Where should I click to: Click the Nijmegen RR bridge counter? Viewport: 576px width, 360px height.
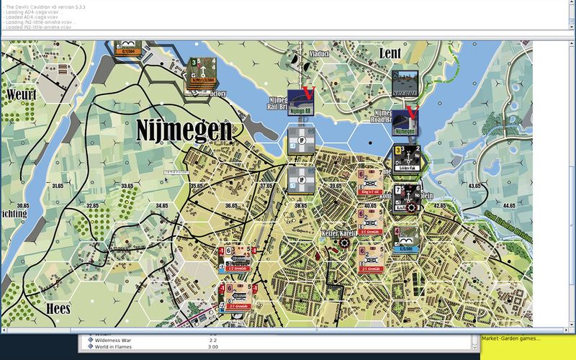point(302,101)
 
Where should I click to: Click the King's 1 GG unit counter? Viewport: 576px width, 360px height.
point(372,184)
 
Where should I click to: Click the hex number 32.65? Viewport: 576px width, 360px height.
point(91,206)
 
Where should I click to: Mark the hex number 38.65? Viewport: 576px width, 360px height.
point(300,206)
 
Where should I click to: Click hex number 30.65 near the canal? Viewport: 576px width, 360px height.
point(22,206)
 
